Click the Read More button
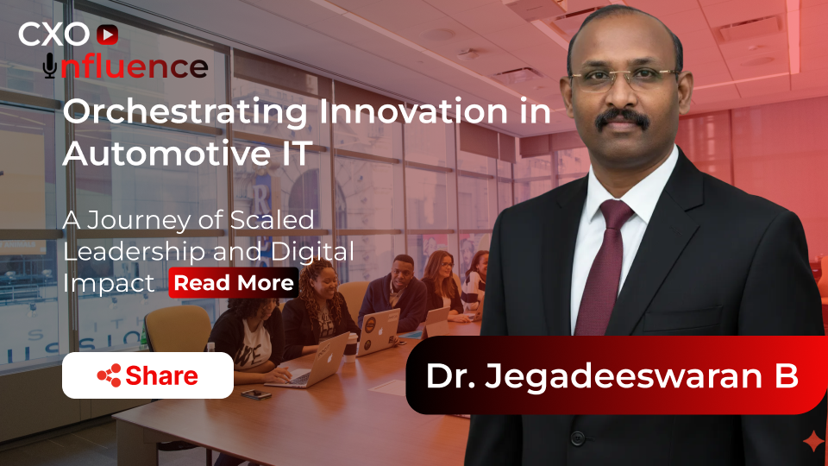[x=234, y=283]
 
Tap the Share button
[x=147, y=375]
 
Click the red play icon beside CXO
[x=107, y=35]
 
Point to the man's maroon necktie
[x=603, y=268]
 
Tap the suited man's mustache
[x=622, y=118]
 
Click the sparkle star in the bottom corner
[x=812, y=442]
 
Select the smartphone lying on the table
[x=256, y=394]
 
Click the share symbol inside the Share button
[x=109, y=375]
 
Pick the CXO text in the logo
[x=53, y=35]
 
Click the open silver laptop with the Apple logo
[x=322, y=356]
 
